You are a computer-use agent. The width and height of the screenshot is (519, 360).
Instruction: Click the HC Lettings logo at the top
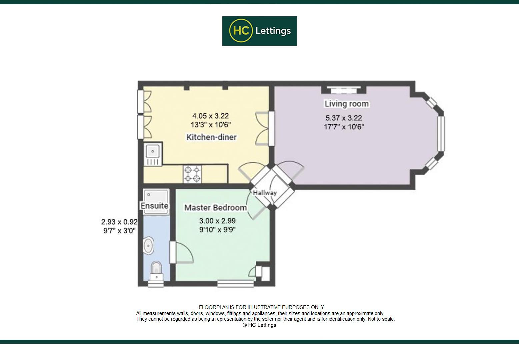(x=259, y=31)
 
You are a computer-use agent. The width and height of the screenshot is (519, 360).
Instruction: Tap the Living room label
(x=347, y=104)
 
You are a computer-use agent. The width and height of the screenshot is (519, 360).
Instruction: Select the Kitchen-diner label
(x=211, y=137)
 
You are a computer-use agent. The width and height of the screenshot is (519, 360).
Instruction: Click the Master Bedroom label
(x=215, y=208)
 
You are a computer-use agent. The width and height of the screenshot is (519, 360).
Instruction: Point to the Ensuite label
(x=154, y=206)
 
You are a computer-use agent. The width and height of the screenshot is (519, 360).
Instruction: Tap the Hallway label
(x=265, y=193)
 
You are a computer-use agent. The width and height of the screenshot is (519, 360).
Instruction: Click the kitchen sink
(x=153, y=154)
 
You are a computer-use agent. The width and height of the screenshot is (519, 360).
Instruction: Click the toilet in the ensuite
(x=156, y=271)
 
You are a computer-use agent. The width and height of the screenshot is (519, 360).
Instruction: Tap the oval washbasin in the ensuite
(x=148, y=246)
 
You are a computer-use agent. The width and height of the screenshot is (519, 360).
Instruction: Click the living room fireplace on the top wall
(x=344, y=89)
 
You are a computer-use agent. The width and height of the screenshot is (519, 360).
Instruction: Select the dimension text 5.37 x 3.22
(x=344, y=118)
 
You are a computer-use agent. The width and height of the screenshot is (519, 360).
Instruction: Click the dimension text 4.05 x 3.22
(x=210, y=116)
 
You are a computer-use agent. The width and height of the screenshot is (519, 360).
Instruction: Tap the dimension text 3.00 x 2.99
(x=217, y=221)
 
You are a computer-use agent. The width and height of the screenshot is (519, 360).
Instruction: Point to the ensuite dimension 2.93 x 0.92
(x=119, y=222)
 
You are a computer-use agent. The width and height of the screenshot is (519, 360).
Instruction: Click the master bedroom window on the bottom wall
(x=236, y=284)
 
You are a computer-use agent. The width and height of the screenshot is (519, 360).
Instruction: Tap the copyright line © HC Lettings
(x=259, y=325)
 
